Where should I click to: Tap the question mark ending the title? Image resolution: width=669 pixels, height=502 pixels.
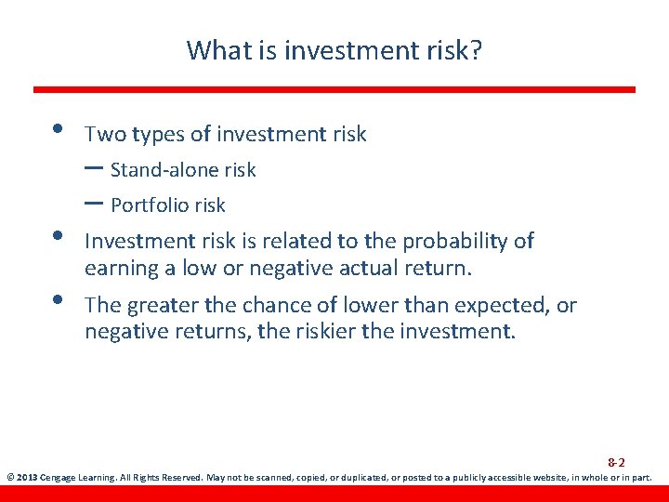point(476,49)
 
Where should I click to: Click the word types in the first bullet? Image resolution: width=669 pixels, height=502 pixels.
point(159,135)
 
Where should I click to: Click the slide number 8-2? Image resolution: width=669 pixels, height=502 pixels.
point(616,462)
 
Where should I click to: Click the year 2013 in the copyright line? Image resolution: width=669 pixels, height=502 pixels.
point(27,479)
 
